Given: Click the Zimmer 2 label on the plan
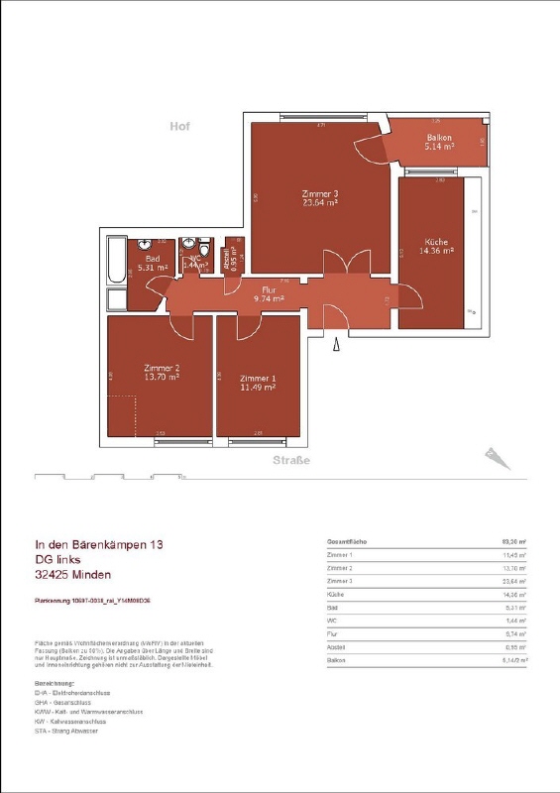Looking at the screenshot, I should [x=160, y=372].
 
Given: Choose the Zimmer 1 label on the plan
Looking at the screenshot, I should [x=257, y=383].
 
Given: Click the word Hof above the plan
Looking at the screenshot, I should [x=178, y=127].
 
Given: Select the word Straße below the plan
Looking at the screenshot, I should [x=291, y=461].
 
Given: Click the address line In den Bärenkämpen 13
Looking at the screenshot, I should [x=99, y=545].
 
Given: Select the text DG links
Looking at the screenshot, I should [x=62, y=560].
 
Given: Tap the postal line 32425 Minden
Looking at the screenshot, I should [x=73, y=575].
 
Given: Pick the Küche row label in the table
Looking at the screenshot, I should [x=335, y=595].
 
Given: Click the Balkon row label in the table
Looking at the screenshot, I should [x=336, y=659].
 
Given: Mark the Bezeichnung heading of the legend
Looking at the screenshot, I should [x=55, y=684].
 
